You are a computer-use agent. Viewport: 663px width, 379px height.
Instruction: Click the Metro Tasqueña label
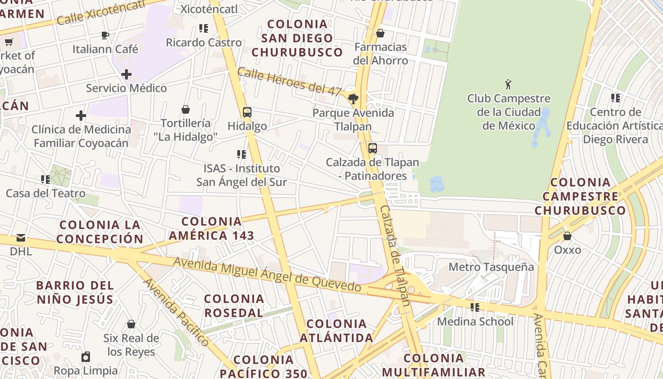click(491, 267)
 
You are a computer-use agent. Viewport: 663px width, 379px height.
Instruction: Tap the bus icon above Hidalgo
click(247, 112)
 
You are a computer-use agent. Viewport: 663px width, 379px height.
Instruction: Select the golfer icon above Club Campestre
click(509, 85)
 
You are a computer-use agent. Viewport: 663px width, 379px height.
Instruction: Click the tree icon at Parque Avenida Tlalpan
click(353, 99)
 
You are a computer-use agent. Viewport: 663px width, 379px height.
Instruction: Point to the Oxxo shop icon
click(567, 236)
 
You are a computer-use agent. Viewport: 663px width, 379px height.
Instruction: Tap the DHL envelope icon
click(21, 238)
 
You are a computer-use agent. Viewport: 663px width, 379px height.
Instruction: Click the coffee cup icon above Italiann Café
click(105, 35)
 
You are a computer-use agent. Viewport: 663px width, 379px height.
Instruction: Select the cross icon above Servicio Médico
click(126, 74)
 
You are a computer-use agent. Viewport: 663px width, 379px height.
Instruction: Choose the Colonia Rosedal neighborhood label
click(234, 306)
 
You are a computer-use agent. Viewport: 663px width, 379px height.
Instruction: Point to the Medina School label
click(475, 322)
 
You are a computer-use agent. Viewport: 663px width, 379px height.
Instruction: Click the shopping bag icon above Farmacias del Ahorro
click(380, 33)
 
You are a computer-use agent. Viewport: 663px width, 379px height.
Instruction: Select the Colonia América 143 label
click(212, 228)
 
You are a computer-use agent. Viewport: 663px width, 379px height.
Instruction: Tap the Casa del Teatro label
click(45, 193)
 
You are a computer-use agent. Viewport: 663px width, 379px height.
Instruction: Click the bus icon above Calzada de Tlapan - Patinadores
click(373, 148)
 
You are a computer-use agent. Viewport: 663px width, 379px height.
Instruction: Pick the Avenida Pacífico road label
click(176, 312)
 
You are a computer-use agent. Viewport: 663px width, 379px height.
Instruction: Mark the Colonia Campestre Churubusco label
click(580, 196)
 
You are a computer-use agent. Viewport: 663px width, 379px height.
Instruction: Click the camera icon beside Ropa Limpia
click(86, 356)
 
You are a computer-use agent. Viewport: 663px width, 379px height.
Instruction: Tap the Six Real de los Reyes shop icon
click(131, 324)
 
